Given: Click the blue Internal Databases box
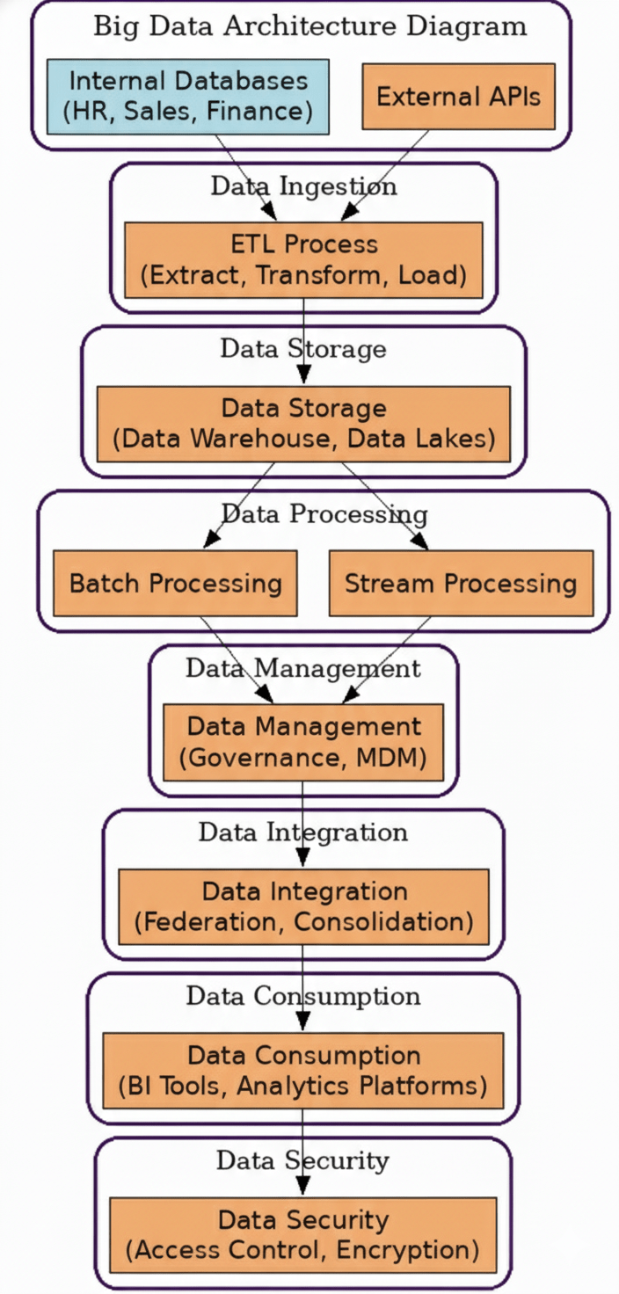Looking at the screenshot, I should (188, 97).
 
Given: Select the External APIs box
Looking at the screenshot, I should (458, 97).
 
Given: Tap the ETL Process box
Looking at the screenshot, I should (303, 259).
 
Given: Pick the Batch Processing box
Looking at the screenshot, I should (175, 583).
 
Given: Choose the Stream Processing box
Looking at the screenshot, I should (461, 583).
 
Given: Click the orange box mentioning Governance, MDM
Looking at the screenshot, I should (303, 742).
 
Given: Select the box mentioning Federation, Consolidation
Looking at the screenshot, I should (303, 906).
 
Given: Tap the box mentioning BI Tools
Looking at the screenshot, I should (303, 1070).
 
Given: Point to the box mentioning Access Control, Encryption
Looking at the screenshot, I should (303, 1234).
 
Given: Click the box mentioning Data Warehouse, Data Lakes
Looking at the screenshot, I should (303, 423).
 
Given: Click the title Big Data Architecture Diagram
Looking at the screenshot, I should (309, 26).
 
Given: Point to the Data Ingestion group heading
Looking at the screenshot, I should (303, 186).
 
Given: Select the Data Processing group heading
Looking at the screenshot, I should (324, 513).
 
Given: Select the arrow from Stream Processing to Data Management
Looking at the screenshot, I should (387, 659).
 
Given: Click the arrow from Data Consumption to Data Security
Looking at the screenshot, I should (303, 1152).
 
